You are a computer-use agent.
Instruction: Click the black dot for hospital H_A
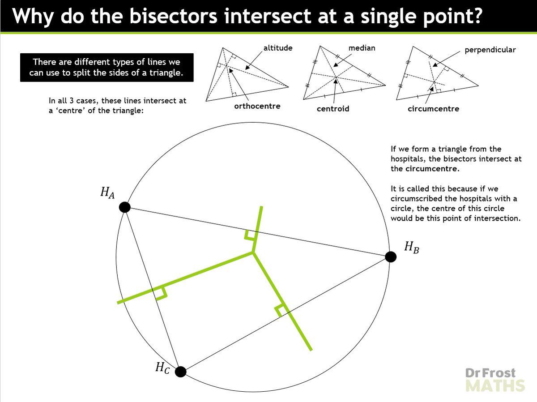point(125,207)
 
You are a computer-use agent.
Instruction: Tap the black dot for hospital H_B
point(391,257)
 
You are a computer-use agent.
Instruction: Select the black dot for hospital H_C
point(180,372)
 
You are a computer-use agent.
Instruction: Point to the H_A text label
point(107,193)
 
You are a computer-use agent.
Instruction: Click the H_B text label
point(411,247)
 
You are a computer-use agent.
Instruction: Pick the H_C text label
point(162,368)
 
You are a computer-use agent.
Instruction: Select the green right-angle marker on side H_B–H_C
point(281,309)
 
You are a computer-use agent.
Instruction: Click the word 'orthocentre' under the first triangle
point(257,106)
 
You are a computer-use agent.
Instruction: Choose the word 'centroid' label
point(333,109)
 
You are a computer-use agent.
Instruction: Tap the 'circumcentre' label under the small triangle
point(433,109)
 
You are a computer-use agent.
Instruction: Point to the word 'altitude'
point(277,48)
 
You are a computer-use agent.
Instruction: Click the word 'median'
point(362,48)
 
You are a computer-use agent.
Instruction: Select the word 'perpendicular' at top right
point(490,50)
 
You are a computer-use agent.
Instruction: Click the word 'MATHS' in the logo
point(495,385)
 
